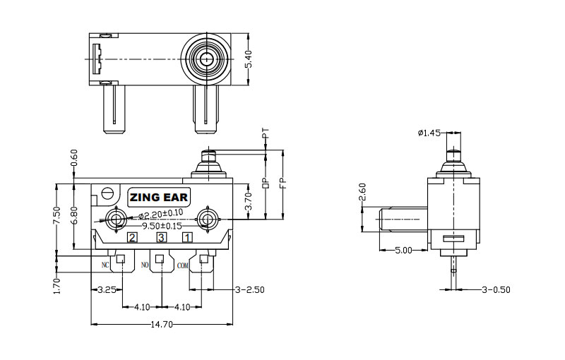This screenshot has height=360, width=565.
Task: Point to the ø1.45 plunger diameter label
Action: (429, 132)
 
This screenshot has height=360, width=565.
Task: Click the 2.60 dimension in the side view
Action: (362, 193)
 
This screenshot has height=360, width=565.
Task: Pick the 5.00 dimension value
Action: (403, 250)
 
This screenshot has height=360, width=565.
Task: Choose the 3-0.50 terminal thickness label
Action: (495, 289)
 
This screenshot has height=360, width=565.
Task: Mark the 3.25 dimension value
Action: (107, 289)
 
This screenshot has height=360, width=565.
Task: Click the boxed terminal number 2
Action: (132, 237)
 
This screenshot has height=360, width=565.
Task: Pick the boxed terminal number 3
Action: (161, 237)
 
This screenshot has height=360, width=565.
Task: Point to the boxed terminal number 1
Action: (187, 237)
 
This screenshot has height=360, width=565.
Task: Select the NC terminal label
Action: (105, 265)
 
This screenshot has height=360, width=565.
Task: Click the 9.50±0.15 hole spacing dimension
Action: (162, 226)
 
